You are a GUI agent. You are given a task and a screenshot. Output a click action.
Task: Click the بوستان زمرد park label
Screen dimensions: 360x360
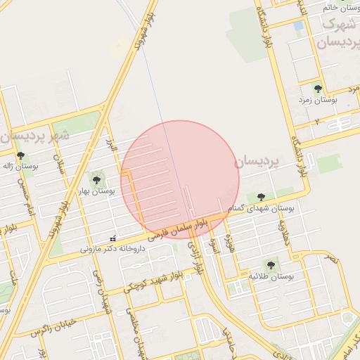click(318, 101)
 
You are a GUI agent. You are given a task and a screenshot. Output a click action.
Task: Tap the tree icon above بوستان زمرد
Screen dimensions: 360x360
click(318, 89)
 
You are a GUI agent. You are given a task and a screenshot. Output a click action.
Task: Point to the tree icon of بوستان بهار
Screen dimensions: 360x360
click(96, 179)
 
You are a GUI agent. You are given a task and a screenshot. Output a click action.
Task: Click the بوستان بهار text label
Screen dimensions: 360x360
click(96, 191)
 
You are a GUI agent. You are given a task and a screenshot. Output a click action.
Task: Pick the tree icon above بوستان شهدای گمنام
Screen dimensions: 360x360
click(261, 198)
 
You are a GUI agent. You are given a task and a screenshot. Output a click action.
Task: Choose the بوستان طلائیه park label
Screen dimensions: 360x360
click(271, 277)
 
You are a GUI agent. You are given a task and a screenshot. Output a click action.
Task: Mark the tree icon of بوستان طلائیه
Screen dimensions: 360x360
click(271, 266)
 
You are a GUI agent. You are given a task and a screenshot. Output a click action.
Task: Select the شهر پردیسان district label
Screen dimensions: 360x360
click(35, 134)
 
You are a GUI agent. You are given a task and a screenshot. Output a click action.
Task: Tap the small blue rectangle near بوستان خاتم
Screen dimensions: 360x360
click(298, 26)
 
